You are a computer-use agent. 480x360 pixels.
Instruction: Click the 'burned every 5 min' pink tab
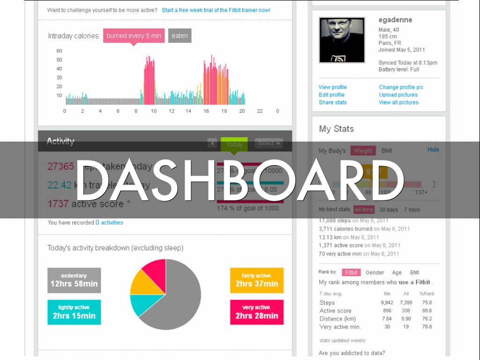pos(134,36)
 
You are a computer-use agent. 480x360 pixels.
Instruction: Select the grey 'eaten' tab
pos(180,36)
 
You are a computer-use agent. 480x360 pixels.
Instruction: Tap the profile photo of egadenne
pos(342,40)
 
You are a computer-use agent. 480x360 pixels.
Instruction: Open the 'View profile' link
pos(332,87)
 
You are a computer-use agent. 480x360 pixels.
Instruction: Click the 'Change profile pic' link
pos(401,87)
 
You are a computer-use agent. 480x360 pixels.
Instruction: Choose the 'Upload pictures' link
pos(398,95)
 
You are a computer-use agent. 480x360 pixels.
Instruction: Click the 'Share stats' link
pos(332,102)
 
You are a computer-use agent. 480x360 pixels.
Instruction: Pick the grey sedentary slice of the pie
pos(180,300)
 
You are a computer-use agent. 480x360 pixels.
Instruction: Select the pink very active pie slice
pos(155,272)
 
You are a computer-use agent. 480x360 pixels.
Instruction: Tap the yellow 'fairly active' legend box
pos(256,280)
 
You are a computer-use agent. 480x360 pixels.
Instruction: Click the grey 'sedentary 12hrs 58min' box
pos(74,280)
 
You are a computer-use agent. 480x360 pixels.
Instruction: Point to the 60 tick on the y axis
pos(59,51)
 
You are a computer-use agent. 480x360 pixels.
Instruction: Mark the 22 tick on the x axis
pos(260,111)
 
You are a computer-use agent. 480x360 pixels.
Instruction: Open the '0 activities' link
pos(109,223)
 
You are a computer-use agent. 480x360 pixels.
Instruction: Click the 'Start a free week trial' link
pos(216,10)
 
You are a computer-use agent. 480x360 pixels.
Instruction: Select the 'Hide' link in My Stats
pos(433,150)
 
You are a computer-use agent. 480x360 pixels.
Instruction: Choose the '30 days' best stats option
pos(388,210)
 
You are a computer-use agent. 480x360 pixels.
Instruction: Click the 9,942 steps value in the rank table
pos(387,303)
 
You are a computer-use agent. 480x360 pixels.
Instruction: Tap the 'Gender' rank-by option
pos(375,272)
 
